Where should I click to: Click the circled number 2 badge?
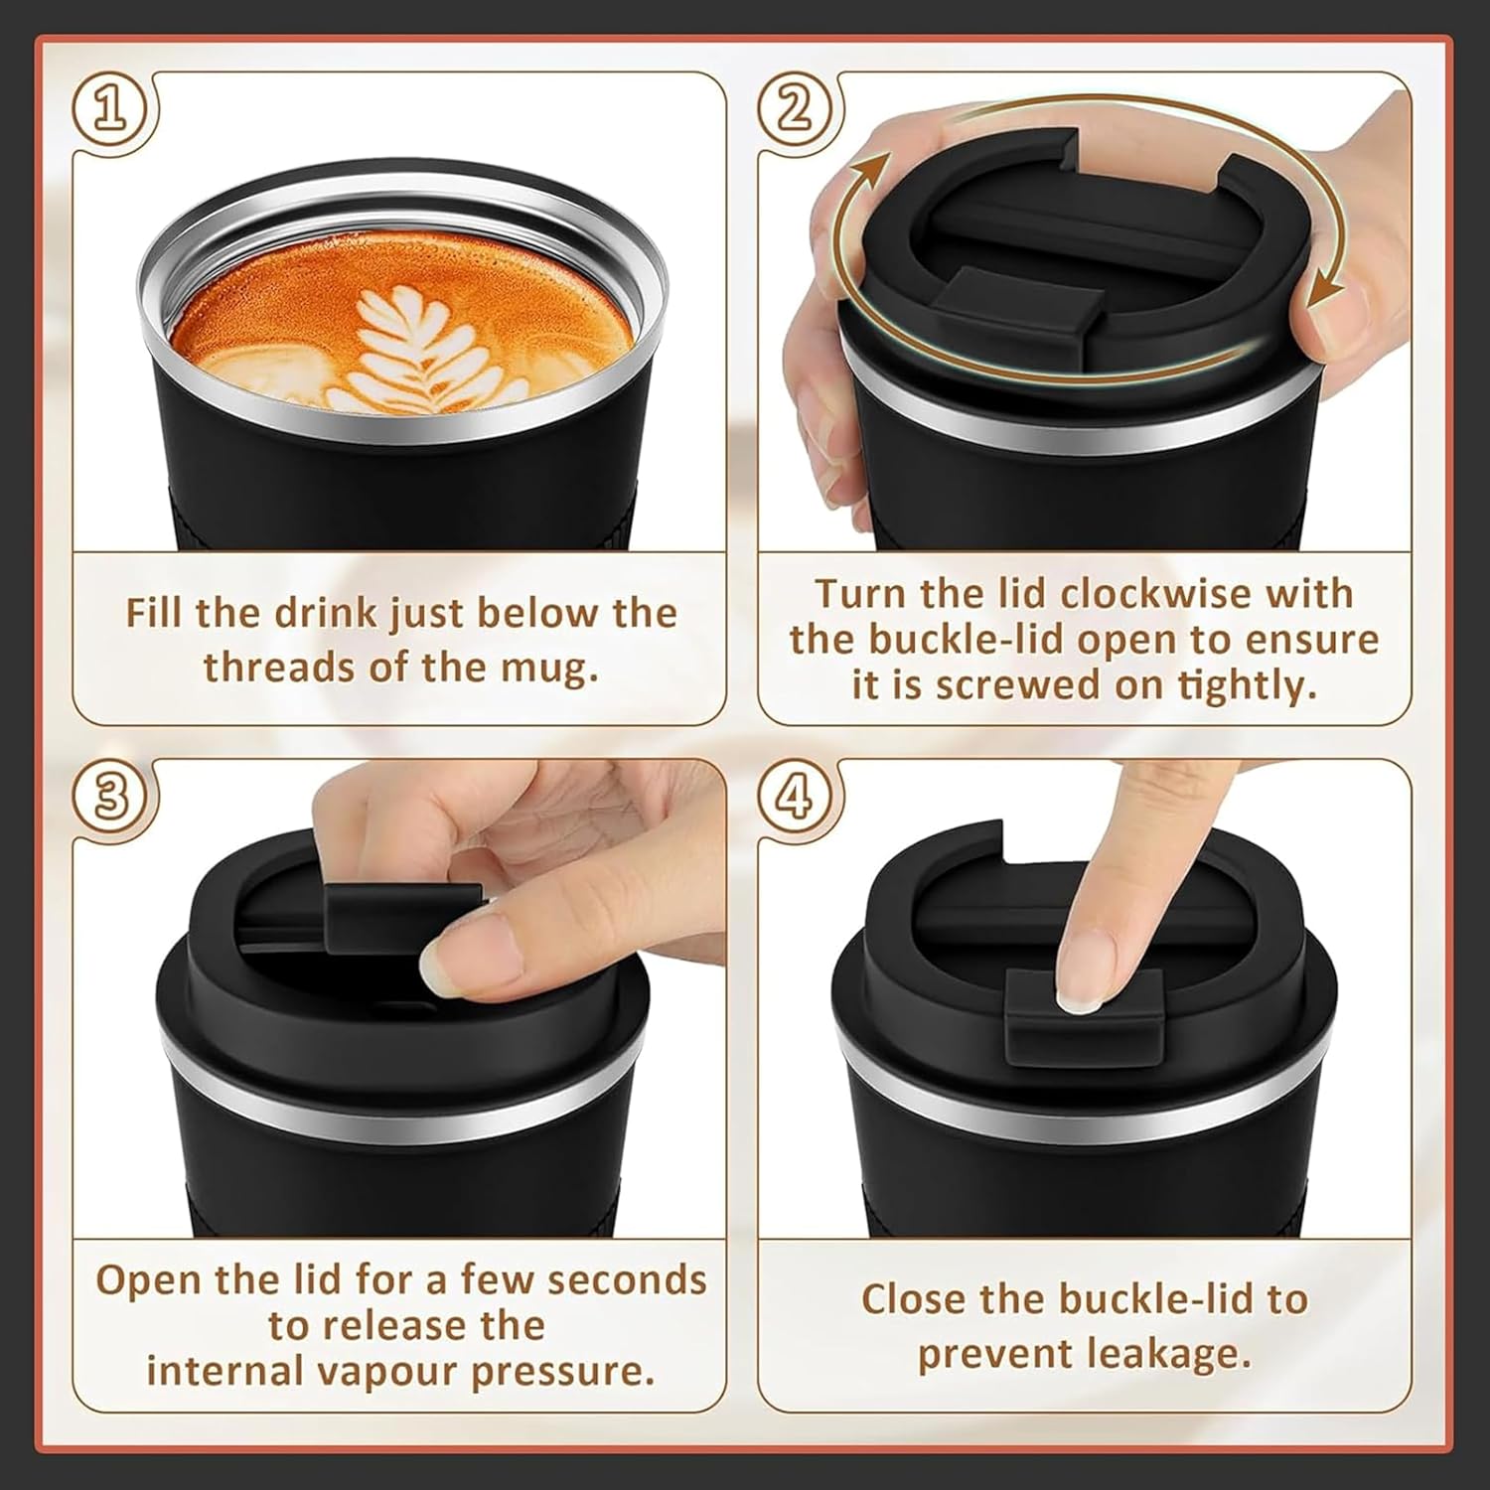click(794, 109)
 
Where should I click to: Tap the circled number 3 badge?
click(112, 798)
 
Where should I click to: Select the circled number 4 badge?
click(794, 797)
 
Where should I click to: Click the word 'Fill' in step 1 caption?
click(153, 613)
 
